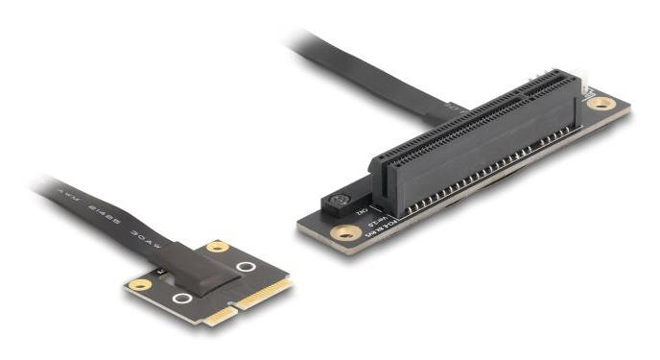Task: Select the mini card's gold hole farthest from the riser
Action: pos(139,285)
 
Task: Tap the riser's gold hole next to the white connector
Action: pos(601,103)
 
